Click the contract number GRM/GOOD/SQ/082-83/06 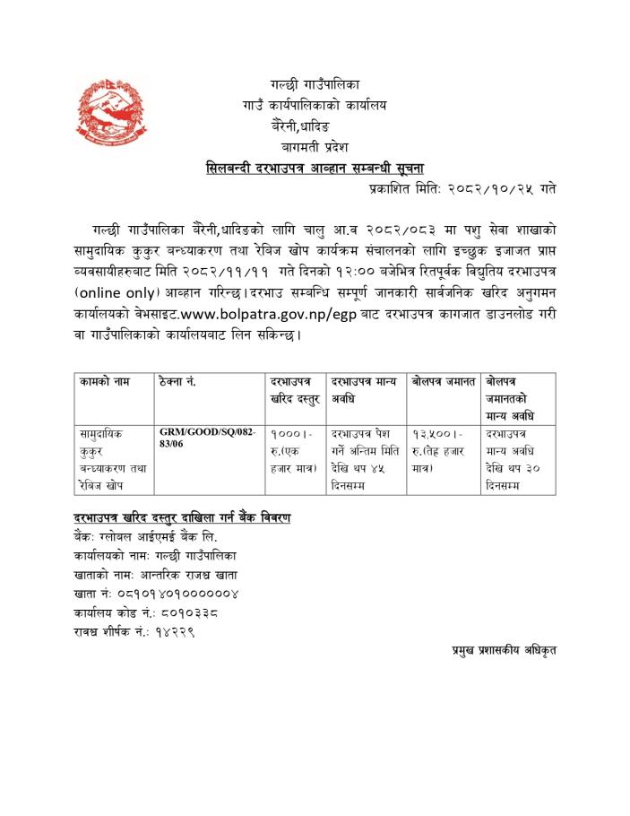208,438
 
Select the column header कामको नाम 103,384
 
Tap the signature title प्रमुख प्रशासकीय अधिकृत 504,647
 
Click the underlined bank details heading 182,519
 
